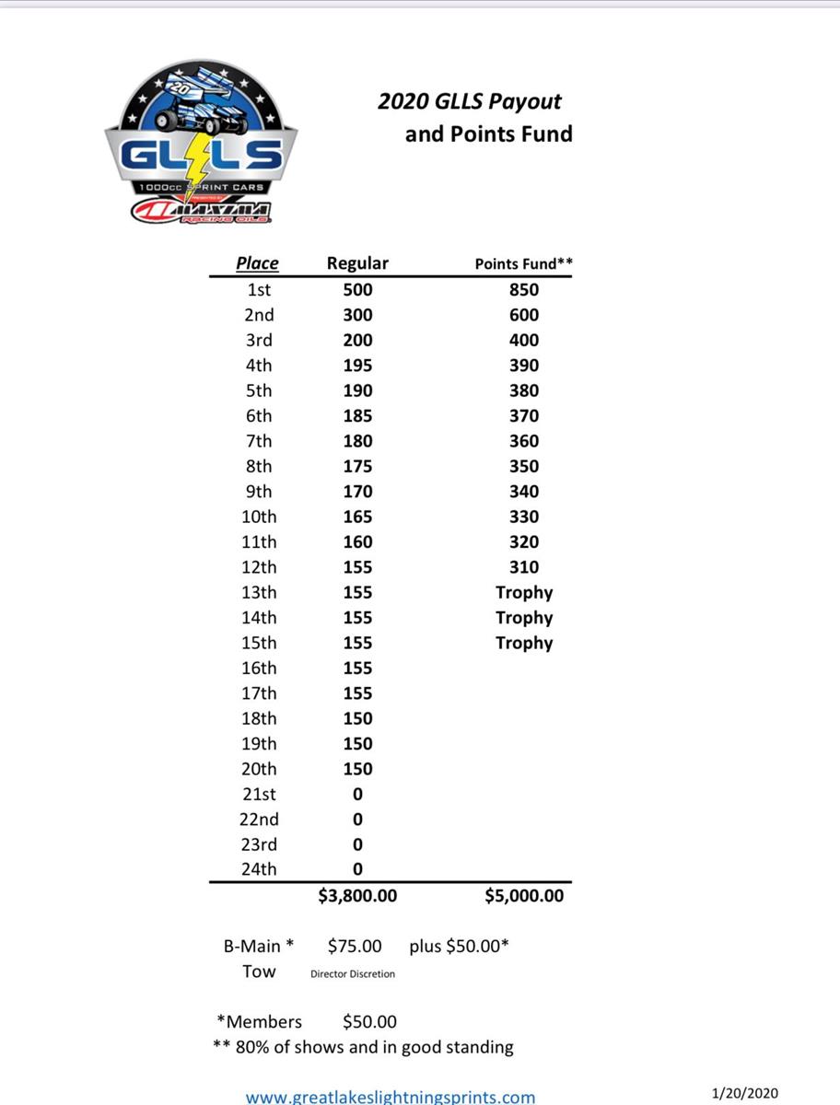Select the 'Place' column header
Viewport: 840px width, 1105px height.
[257, 263]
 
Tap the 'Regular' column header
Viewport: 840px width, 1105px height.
[357, 263]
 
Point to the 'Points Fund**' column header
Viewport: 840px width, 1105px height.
[523, 264]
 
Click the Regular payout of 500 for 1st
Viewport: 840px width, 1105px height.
[357, 290]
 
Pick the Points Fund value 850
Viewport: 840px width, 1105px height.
[523, 290]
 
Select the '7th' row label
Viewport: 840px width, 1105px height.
[259, 441]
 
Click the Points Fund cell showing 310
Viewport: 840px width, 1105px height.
[523, 567]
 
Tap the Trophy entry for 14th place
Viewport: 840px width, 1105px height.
[523, 618]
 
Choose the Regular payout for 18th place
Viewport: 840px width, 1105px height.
[357, 718]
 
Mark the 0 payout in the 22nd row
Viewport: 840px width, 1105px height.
[357, 820]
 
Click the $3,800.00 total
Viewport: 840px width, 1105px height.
[357, 895]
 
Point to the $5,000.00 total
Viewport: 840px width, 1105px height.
[523, 895]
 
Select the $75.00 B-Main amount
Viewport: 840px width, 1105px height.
[355, 946]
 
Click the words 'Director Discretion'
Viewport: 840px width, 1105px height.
[353, 974]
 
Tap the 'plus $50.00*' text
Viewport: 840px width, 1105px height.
[459, 946]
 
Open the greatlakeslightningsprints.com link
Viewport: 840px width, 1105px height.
[390, 1097]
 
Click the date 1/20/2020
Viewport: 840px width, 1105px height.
[746, 1093]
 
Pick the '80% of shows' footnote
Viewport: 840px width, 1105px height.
[363, 1047]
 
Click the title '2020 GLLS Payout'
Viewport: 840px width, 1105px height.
[470, 101]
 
